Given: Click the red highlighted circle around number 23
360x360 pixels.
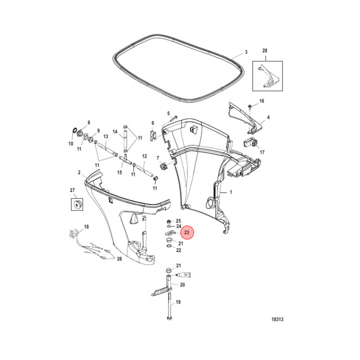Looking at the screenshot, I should (x=186, y=232).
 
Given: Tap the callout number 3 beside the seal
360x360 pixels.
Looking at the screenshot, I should (x=245, y=52).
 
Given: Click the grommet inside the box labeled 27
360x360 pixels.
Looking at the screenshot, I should (x=77, y=204).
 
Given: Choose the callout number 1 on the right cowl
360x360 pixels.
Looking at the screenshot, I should (x=231, y=192).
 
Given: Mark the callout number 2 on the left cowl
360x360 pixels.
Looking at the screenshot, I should (x=79, y=172).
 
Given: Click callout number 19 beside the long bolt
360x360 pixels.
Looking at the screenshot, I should (x=178, y=302).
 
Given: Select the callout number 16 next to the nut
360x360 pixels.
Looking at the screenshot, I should (x=261, y=102).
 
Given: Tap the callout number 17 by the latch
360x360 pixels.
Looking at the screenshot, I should (x=261, y=152).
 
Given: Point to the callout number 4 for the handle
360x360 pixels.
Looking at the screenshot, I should (x=268, y=117).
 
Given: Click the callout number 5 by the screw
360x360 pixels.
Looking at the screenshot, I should (x=168, y=113).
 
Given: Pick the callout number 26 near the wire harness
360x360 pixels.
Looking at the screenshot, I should (x=119, y=258).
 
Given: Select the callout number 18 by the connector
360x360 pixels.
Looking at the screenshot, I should (x=86, y=227).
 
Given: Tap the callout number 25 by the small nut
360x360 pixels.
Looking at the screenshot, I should (x=178, y=220).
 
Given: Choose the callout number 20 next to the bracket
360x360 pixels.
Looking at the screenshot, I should (x=182, y=285).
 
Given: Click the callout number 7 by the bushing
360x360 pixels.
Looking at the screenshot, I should (x=158, y=159).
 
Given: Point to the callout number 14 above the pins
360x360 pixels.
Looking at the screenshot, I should (x=115, y=132).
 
